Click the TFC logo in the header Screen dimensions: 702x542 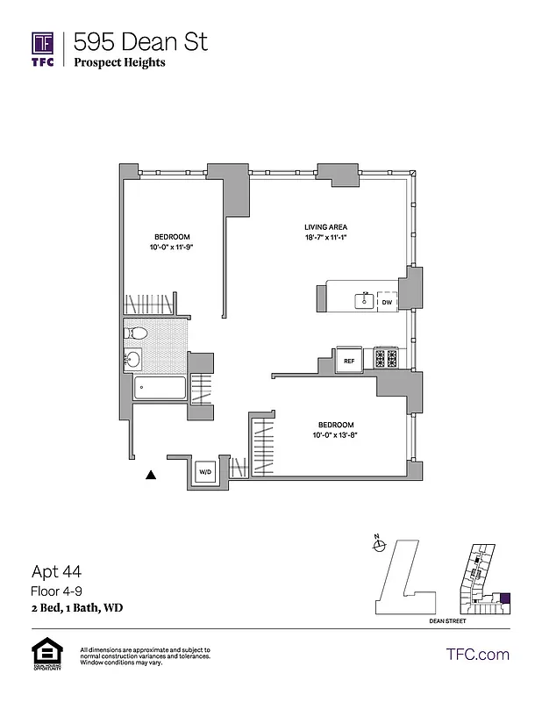point(43,49)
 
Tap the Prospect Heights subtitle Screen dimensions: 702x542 point(119,62)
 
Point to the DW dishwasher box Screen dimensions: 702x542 point(387,302)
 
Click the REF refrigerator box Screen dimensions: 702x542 point(348,360)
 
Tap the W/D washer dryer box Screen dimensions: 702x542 point(205,471)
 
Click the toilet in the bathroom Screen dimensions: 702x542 point(136,333)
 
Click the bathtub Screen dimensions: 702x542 point(159,388)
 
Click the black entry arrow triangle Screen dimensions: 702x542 point(151,475)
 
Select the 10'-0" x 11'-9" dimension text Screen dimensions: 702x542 point(172,248)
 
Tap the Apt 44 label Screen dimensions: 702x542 point(55,571)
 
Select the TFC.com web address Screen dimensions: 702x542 point(477,654)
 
